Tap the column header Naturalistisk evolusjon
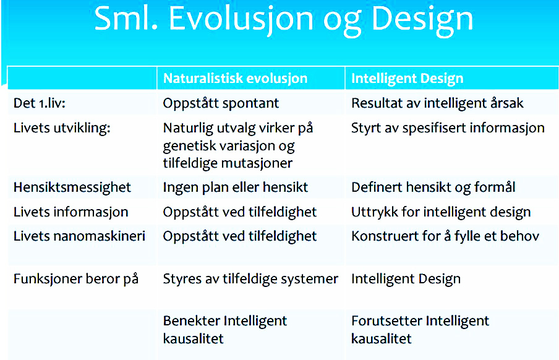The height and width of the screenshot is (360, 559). (x=236, y=79)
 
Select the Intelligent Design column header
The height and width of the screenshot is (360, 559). (x=408, y=79)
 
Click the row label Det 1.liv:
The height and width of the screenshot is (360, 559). (x=40, y=103)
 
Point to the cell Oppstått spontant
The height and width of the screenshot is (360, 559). (x=221, y=103)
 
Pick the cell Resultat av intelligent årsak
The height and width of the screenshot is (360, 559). (x=437, y=103)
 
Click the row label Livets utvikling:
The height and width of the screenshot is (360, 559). (x=62, y=127)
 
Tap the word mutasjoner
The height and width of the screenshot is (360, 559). (x=257, y=163)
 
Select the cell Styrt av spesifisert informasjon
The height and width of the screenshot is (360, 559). (x=448, y=127)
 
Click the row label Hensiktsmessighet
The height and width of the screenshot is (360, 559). (x=72, y=187)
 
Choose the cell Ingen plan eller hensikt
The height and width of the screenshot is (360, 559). (x=236, y=187)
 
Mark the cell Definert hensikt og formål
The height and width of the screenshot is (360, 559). (x=433, y=187)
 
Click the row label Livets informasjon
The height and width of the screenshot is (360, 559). (x=71, y=212)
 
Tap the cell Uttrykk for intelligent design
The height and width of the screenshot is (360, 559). (x=441, y=212)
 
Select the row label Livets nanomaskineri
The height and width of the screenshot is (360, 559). (x=80, y=236)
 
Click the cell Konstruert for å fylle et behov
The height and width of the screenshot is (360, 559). (x=445, y=236)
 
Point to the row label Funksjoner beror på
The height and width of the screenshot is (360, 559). (x=76, y=278)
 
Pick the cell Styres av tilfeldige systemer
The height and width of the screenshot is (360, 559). (x=250, y=279)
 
